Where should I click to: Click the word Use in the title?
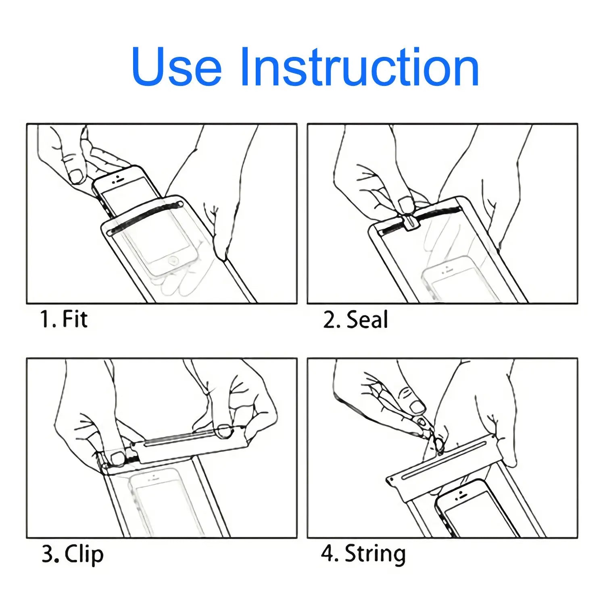click(177, 67)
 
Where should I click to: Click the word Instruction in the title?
click(359, 67)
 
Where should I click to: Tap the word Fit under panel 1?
click(75, 319)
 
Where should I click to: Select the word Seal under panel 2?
click(367, 319)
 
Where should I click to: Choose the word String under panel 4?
click(375, 554)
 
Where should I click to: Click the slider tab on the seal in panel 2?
click(410, 221)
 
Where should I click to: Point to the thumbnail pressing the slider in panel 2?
click(406, 204)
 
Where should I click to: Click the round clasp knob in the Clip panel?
click(223, 432)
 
